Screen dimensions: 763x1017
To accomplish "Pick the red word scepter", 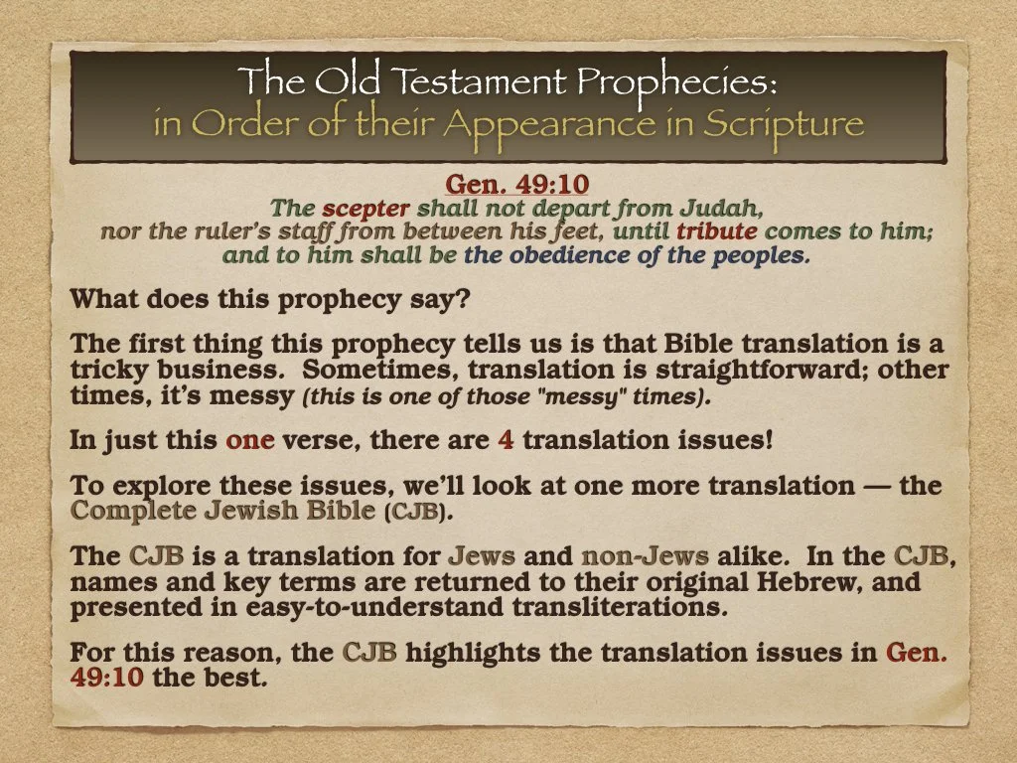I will (x=365, y=209).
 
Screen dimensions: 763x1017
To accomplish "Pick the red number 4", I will (x=506, y=440).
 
